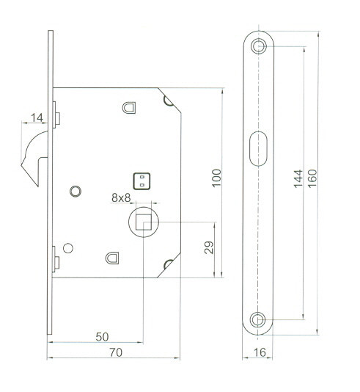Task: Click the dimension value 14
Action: (37, 117)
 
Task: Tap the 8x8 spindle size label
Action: (121, 197)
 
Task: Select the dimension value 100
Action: (217, 178)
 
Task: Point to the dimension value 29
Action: (209, 247)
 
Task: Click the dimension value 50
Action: (103, 337)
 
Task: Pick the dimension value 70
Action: (116, 352)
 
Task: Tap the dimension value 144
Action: (298, 178)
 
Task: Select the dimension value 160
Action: (312, 178)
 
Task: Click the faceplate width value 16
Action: (260, 352)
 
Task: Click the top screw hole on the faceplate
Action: (258, 46)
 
